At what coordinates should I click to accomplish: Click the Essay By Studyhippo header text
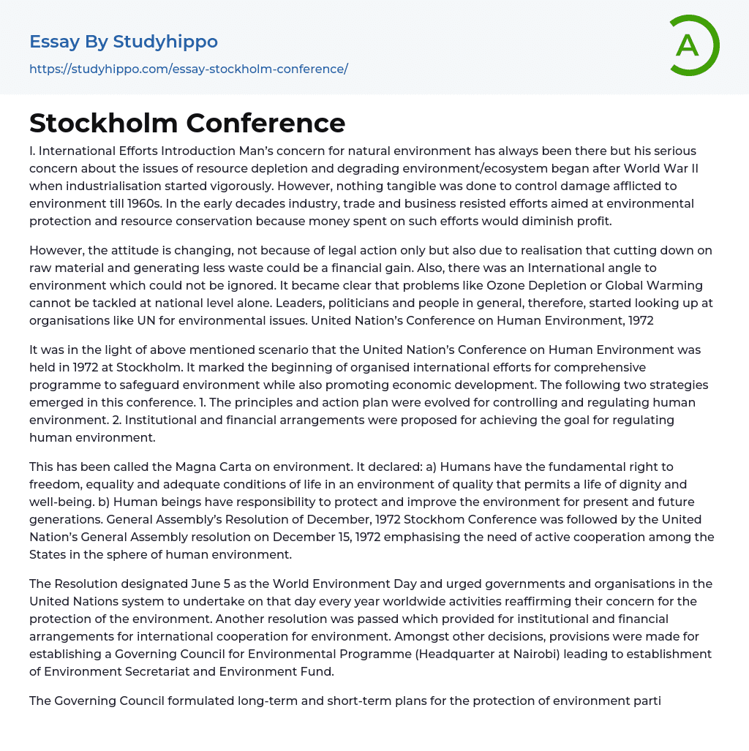[x=124, y=42]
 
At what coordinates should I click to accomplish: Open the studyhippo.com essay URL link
[x=189, y=69]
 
